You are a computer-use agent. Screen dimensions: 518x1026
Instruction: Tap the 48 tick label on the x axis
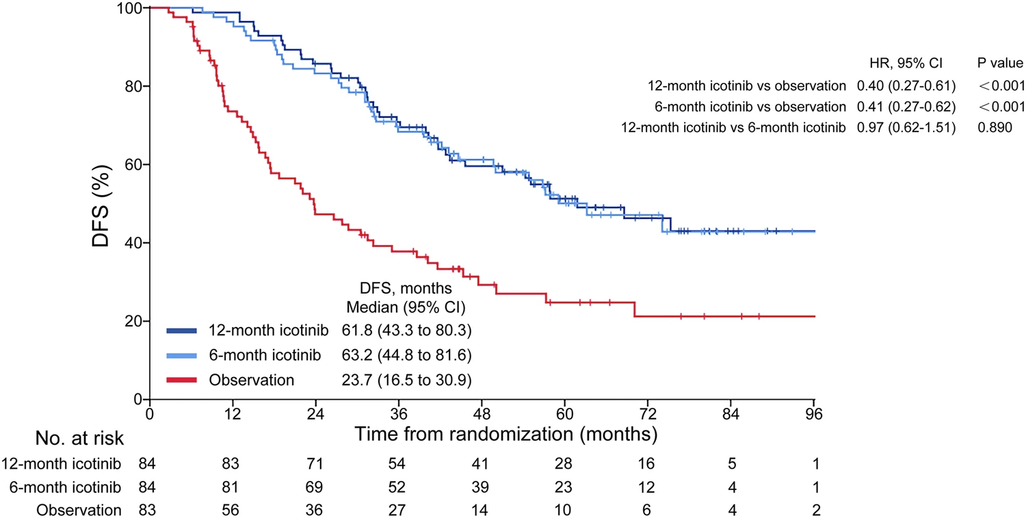tap(482, 415)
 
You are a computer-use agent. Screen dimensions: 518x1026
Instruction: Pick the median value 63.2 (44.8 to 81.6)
tap(405, 356)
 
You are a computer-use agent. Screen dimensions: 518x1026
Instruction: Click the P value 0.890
tap(995, 127)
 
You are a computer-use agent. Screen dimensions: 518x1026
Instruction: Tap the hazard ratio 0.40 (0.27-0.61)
tap(906, 86)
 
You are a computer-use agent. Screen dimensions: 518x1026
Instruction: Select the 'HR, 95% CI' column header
tap(905, 64)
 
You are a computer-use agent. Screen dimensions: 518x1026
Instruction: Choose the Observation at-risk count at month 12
tap(233, 510)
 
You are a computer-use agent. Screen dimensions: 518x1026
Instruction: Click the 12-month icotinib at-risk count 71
tap(316, 465)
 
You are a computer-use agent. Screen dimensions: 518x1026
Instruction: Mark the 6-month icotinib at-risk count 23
tap(565, 487)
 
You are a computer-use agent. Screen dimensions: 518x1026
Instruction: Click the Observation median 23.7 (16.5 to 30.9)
tap(405, 380)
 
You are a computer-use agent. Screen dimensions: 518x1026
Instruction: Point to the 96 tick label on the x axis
tap(813, 415)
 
